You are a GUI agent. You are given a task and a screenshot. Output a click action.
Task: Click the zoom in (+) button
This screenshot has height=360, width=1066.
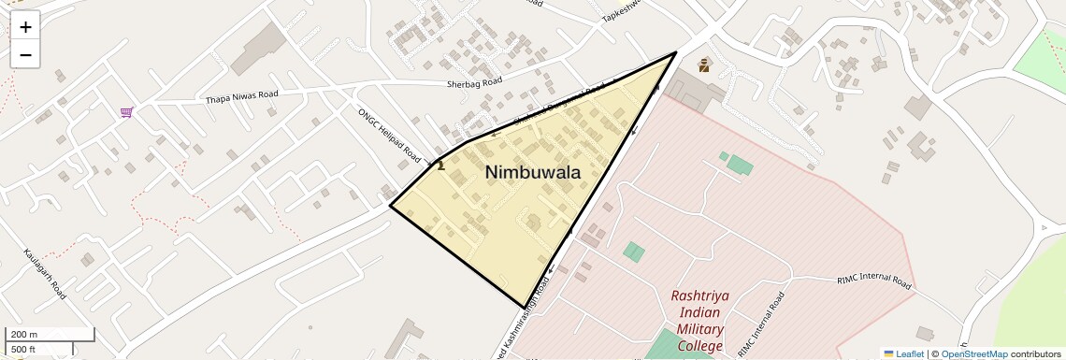[25, 27]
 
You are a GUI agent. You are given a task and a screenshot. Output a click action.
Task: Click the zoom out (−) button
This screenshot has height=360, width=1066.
[25, 55]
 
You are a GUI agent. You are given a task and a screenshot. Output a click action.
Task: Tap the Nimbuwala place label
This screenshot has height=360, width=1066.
[532, 172]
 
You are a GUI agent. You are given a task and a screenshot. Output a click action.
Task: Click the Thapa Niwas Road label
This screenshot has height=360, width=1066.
[242, 96]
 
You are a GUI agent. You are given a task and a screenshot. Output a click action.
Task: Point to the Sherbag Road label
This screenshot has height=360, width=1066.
[473, 82]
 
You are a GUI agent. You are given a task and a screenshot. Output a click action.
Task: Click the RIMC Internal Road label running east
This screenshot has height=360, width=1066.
[873, 280]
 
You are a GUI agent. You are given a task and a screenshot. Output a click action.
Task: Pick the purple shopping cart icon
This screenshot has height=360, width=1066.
[126, 113]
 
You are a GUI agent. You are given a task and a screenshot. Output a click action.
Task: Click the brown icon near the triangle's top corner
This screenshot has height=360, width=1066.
[703, 65]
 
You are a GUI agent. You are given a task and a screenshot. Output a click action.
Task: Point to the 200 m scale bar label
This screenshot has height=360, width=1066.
[24, 334]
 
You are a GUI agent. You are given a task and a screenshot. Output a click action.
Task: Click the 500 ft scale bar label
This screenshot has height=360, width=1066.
[24, 350]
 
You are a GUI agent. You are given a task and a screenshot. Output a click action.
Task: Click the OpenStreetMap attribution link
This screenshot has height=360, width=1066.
[973, 353]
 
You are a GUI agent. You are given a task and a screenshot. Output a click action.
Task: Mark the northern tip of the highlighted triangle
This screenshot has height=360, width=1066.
[675, 52]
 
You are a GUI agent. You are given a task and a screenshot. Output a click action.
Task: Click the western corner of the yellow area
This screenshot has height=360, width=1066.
[390, 205]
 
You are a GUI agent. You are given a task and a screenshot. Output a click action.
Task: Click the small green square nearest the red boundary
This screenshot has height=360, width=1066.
[723, 156]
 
